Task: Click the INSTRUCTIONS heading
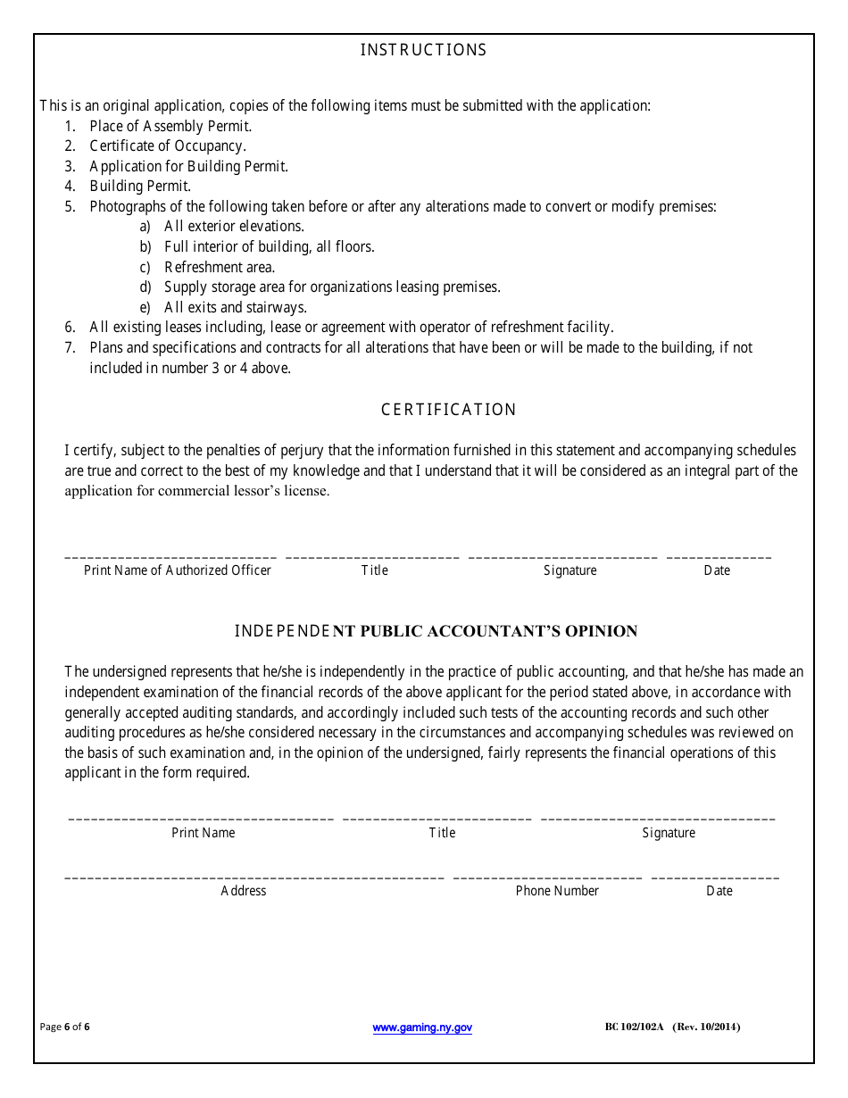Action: (x=423, y=50)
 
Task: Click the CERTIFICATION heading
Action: (x=448, y=410)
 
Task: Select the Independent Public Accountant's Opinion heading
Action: (x=436, y=631)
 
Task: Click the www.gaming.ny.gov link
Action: (x=422, y=1027)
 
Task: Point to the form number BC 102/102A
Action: (x=634, y=1027)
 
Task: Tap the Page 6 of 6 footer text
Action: (x=65, y=1027)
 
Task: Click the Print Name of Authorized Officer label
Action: (x=178, y=570)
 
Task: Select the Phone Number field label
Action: (x=557, y=891)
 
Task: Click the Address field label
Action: (x=244, y=891)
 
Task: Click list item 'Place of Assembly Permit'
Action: (x=170, y=126)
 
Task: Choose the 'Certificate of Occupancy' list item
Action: (x=168, y=146)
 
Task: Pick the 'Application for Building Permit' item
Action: (x=188, y=166)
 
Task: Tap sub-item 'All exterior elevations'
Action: (x=234, y=227)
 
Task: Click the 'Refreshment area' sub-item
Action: (x=220, y=267)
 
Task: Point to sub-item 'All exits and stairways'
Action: (x=236, y=307)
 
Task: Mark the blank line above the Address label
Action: (x=254, y=878)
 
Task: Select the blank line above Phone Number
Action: (x=547, y=878)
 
